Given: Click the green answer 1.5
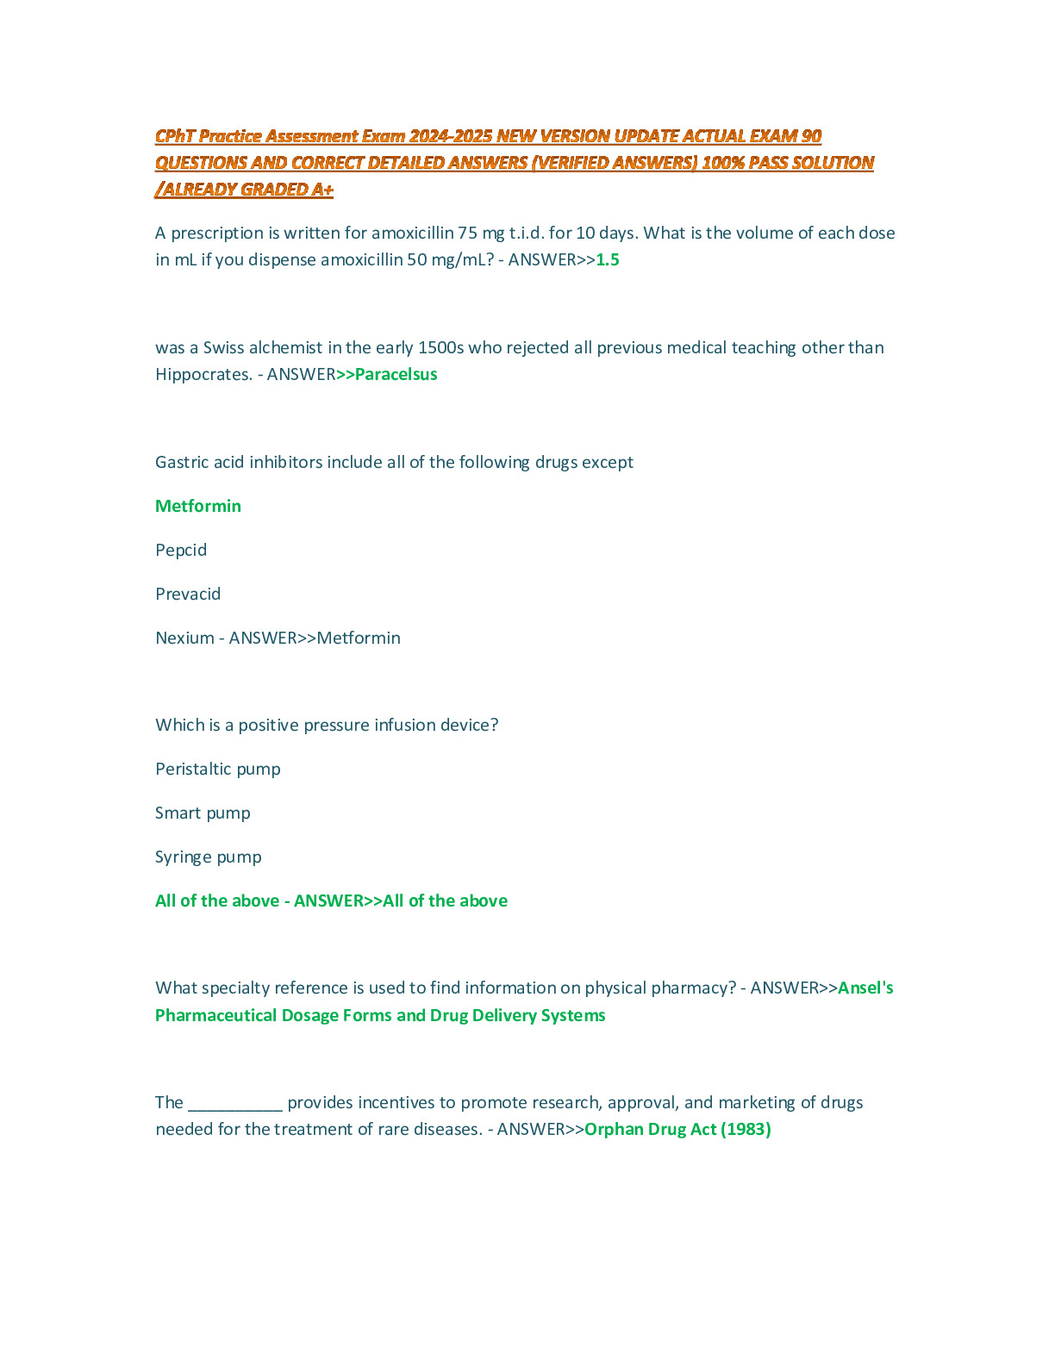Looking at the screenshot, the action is (608, 260).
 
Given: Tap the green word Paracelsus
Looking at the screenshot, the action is (396, 375).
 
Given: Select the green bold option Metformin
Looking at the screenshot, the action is (198, 507).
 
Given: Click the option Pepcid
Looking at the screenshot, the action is (181, 551).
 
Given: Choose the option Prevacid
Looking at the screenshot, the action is (188, 595).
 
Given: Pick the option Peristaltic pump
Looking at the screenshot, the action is (218, 770).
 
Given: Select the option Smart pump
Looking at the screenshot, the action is (203, 813).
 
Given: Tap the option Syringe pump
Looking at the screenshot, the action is (209, 857).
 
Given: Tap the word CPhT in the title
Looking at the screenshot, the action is (175, 136).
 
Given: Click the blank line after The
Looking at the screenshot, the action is (235, 1103).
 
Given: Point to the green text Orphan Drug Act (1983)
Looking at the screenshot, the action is (677, 1130).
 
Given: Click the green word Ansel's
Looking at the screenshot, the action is (865, 988).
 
